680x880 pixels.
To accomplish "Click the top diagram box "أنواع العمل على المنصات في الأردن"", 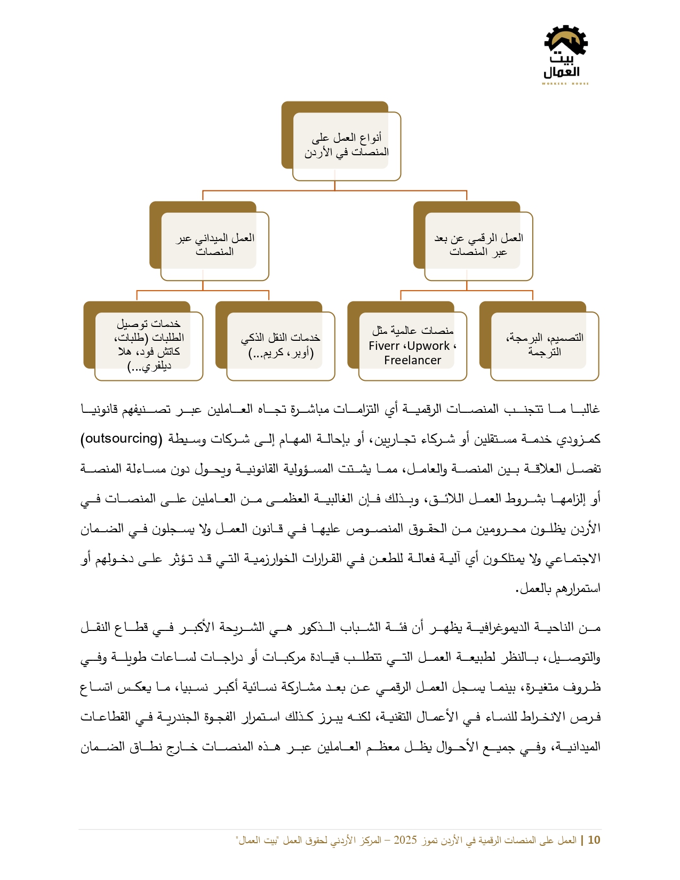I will [346, 145].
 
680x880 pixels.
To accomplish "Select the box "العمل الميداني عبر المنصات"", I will [214, 245].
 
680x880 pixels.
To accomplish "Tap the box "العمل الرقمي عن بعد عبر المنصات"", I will [478, 245].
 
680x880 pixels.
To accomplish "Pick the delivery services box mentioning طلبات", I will [148, 345].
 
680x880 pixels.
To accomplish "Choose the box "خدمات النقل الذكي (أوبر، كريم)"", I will [280, 345].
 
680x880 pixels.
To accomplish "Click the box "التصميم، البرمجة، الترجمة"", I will [544, 345].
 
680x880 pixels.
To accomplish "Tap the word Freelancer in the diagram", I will [412, 361].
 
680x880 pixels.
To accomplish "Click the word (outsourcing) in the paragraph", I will [122, 438].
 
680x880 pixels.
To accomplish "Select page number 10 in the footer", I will [594, 840].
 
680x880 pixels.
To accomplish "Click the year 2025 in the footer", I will [405, 840].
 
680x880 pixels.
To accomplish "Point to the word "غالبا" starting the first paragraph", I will [585, 409].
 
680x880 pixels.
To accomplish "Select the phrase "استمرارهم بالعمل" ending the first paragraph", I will [559, 588].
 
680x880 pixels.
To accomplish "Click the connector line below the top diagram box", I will [335, 186].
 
